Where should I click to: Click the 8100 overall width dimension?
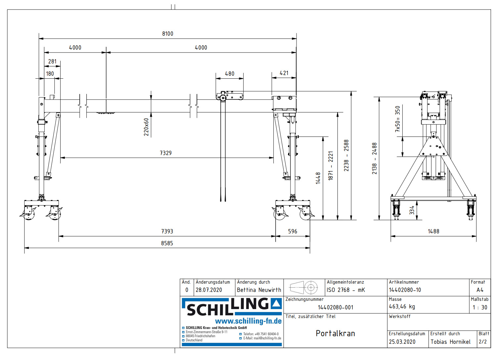[167, 34]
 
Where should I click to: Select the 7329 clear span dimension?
[166, 153]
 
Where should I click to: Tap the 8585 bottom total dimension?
[167, 243]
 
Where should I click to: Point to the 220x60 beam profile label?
[146, 127]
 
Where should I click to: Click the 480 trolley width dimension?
[230, 74]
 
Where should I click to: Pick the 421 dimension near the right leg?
[284, 73]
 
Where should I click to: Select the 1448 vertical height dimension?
[318, 178]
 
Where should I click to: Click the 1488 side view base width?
[433, 231]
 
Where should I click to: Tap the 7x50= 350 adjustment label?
[398, 119]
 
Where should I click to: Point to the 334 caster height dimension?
[412, 210]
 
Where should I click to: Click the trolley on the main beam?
[230, 97]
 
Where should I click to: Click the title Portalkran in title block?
[335, 333]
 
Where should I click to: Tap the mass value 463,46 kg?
[402, 307]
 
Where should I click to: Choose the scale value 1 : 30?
[480, 307]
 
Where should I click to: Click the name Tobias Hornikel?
[450, 342]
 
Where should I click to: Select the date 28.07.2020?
[209, 290]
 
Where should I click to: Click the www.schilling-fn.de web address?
[248, 321]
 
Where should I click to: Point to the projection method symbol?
[304, 288]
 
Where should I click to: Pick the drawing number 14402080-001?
[336, 307]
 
